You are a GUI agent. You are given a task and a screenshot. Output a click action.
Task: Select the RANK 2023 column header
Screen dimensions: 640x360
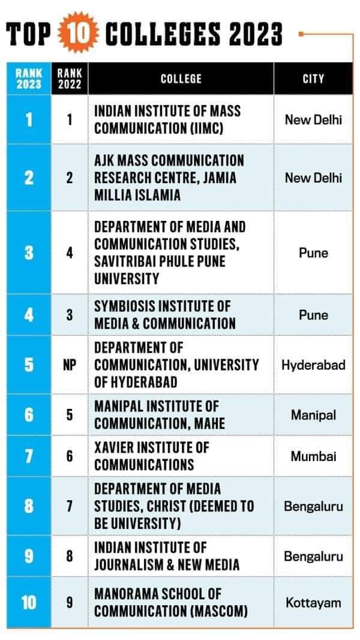(x=29, y=79)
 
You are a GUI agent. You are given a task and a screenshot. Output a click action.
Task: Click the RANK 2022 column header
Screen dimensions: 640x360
(x=70, y=79)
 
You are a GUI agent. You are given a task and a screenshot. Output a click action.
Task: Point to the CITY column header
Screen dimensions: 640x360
(x=313, y=79)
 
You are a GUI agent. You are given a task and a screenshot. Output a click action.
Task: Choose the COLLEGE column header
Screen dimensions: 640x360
(x=181, y=79)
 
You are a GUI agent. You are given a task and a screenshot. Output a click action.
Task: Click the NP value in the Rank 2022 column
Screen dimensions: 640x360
(x=70, y=364)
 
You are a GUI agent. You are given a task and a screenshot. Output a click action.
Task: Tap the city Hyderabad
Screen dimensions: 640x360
(x=313, y=364)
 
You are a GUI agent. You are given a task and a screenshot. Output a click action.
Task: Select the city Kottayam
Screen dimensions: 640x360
(x=313, y=602)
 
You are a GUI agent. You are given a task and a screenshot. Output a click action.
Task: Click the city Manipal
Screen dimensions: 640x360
(x=313, y=415)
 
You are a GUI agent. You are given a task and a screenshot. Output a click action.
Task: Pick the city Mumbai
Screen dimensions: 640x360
(x=313, y=456)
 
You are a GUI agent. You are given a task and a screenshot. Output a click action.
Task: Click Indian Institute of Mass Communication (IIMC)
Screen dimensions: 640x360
(x=167, y=119)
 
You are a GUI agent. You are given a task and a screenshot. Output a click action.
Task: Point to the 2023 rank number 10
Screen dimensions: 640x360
(x=29, y=602)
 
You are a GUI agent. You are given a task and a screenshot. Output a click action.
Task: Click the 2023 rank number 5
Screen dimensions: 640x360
(x=29, y=364)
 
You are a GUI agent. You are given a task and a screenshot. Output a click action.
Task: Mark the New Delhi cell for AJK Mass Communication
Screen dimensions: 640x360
(x=313, y=178)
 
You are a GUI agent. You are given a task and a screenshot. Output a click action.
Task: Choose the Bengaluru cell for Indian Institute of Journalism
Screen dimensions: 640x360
(x=313, y=556)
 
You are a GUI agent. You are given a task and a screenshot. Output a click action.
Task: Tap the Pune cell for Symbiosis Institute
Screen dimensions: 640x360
(x=313, y=315)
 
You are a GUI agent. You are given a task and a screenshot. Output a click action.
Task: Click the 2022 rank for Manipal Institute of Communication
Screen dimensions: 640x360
(x=70, y=415)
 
